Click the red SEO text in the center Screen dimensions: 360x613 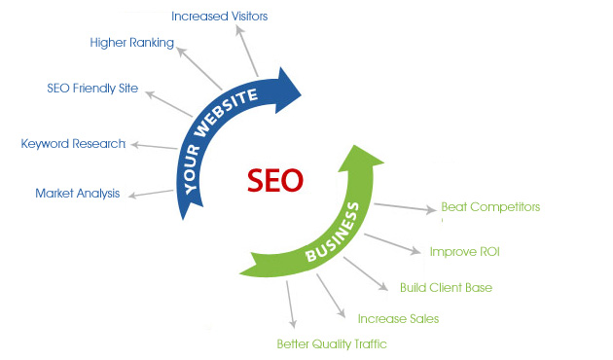[x=274, y=180]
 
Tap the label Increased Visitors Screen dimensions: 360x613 [x=219, y=16]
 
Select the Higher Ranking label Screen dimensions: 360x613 [x=131, y=43]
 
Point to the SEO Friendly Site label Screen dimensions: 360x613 [x=92, y=89]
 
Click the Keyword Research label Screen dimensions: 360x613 [x=73, y=144]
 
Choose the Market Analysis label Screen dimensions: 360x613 [x=78, y=193]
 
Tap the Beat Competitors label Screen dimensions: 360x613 [x=490, y=206]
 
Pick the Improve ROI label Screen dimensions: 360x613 [x=465, y=252]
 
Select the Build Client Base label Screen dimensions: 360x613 [x=446, y=287]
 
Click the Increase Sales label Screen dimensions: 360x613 [x=398, y=318]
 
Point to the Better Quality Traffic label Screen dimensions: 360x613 [x=332, y=342]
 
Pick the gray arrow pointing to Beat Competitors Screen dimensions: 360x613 [x=404, y=207]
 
